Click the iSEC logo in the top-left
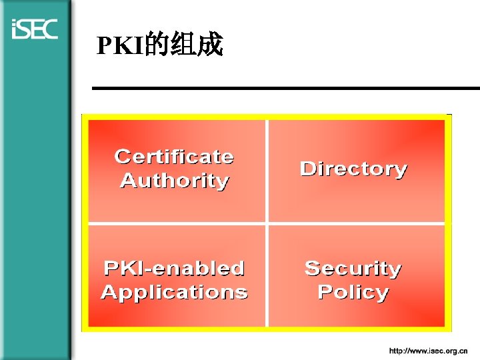pos(35,29)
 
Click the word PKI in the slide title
pos(115,45)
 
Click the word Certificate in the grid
pos(174,157)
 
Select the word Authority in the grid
pos(174,181)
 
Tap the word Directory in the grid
pos(353,169)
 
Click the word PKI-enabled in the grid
pos(174,268)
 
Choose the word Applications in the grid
pos(174,292)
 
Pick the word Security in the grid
pos(353,268)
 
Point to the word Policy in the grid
pos(353,292)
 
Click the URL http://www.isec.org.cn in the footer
pos(428,350)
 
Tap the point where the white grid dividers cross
pos(267,224)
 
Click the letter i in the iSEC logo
pos(15,30)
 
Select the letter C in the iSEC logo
pos(50,29)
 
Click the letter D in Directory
pos(308,169)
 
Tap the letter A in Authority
pos(127,181)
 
